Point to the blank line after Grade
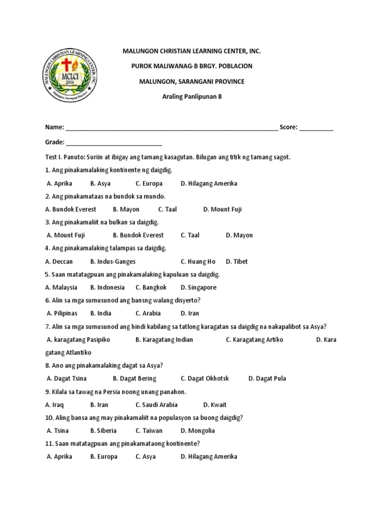tap(113, 142)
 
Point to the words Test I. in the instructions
tap(54, 157)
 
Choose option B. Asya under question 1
tap(100, 183)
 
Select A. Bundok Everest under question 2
tap(70, 209)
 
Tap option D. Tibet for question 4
tap(236, 261)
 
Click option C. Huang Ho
tap(198, 261)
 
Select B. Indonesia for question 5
tap(107, 287)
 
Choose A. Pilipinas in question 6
tap(62, 313)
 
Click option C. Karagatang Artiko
tap(254, 339)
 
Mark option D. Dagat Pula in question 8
tap(267, 378)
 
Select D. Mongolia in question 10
tap(197, 430)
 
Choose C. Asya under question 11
tap(145, 456)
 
